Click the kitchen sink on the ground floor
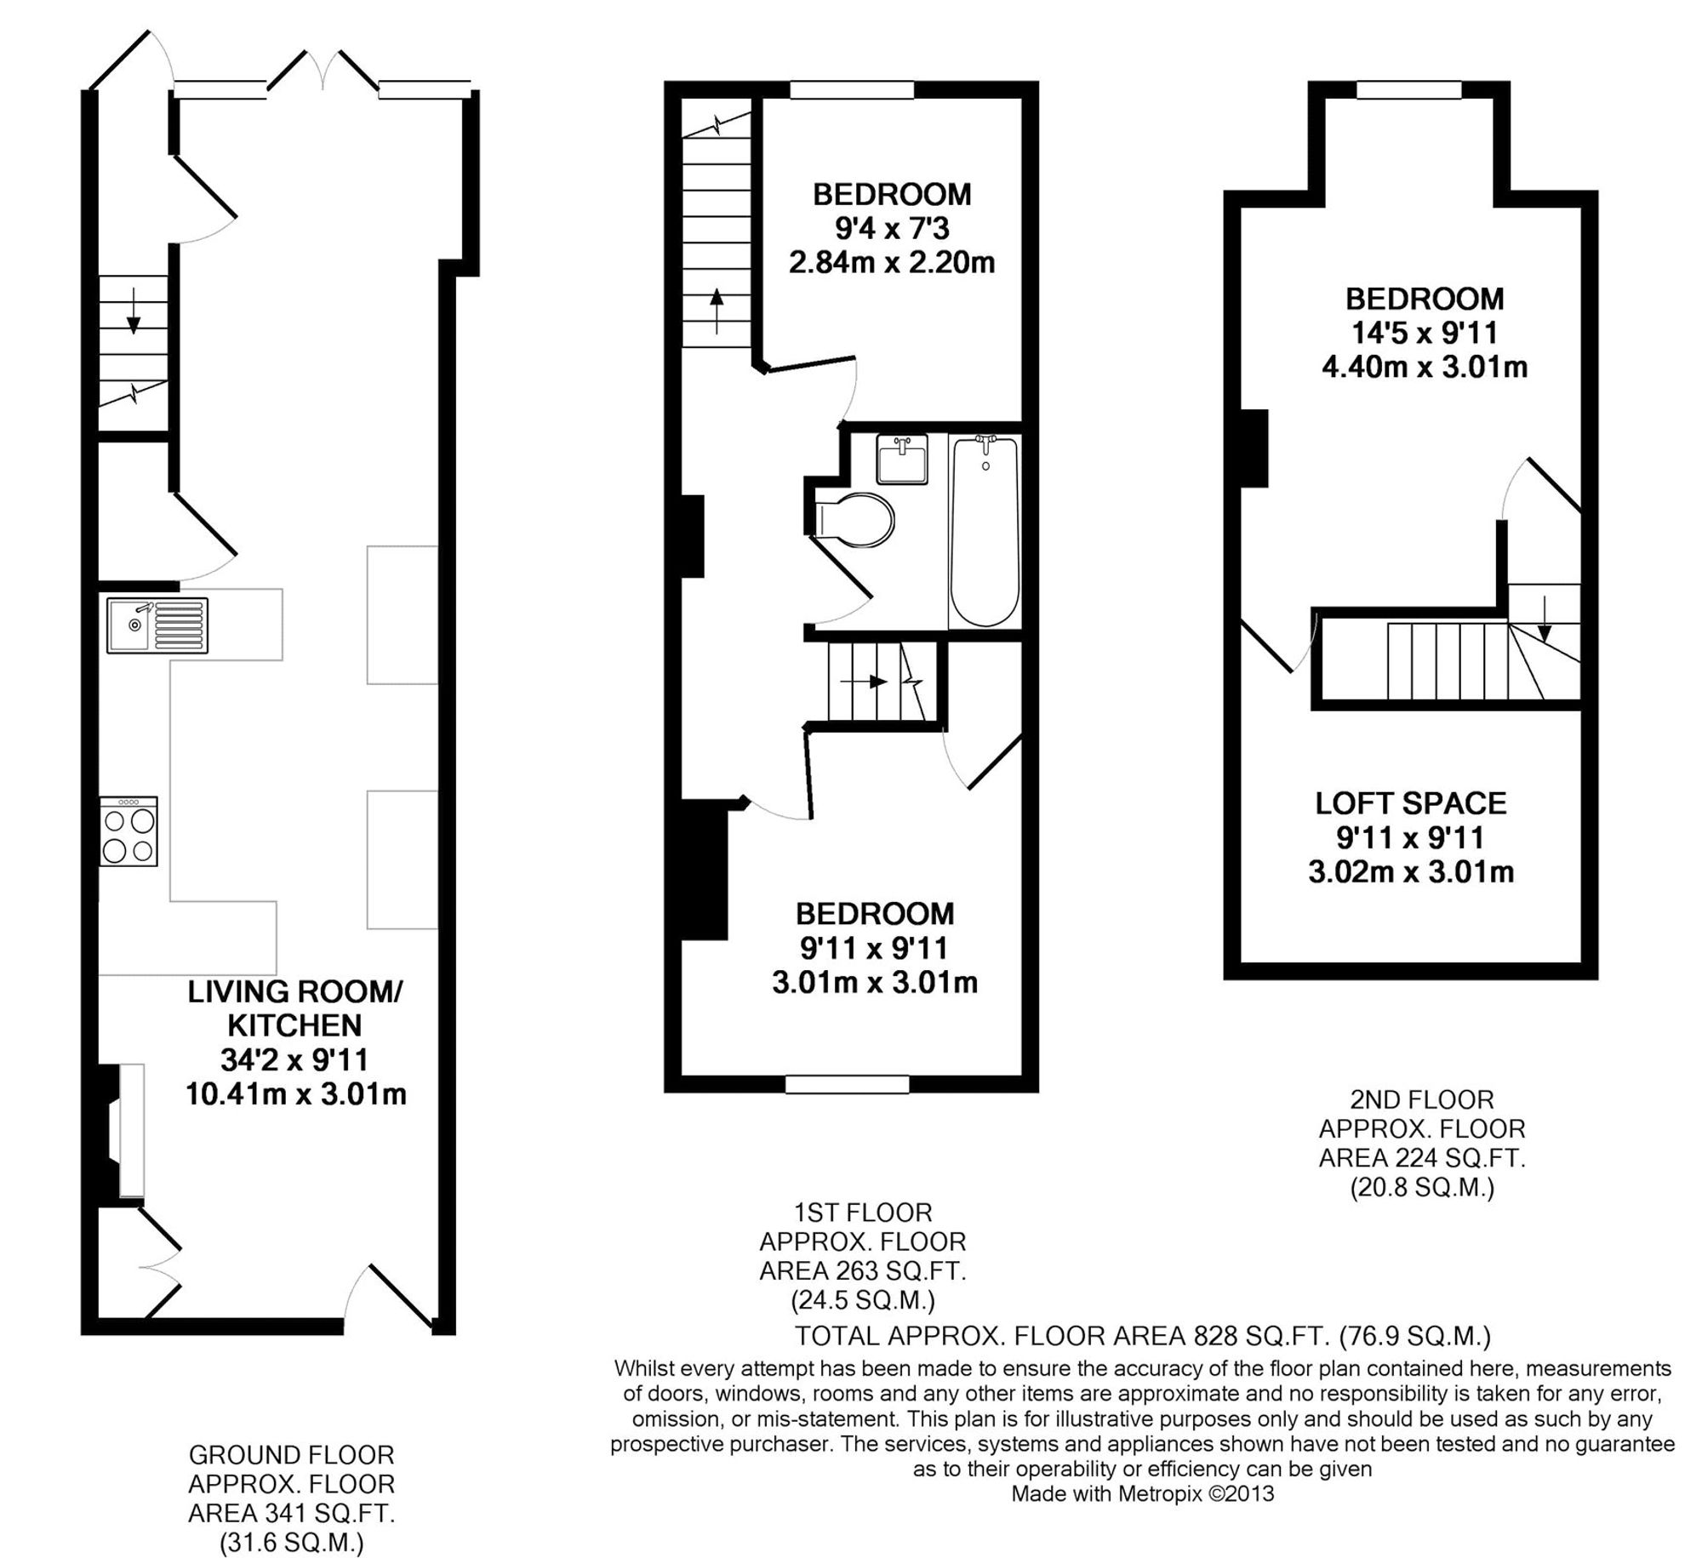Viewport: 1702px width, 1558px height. pos(157,625)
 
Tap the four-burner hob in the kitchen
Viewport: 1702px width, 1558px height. pos(129,831)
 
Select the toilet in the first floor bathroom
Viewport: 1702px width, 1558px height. pos(852,518)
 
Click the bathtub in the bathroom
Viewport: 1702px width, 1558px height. pos(985,532)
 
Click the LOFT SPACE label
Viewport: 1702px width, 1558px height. pos(1410,802)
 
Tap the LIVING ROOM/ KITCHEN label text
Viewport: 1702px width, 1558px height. pos(294,1008)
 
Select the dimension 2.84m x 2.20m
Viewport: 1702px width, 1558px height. pos(891,262)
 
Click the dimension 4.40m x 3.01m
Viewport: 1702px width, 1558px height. pos(1424,367)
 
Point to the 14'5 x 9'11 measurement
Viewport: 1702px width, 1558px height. pos(1424,333)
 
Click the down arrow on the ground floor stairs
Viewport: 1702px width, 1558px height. pos(134,321)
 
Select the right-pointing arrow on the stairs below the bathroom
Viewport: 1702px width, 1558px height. pos(865,682)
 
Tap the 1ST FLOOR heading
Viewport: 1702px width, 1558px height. pos(862,1212)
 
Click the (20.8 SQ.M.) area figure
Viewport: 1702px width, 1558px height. pos(1422,1187)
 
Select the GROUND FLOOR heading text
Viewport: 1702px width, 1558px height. pos(291,1454)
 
